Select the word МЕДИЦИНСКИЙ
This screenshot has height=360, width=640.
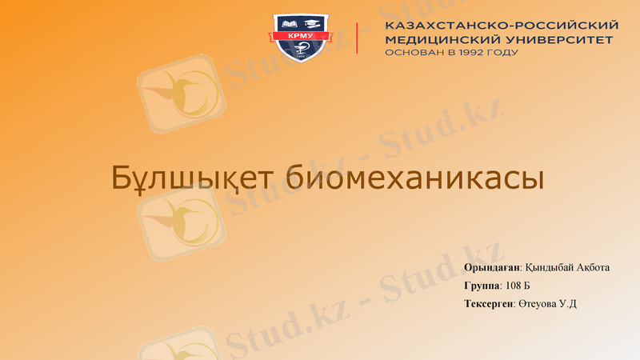(x=437, y=39)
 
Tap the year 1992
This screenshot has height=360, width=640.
(x=473, y=53)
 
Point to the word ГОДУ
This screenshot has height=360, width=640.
(x=503, y=53)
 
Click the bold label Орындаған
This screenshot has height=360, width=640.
(x=491, y=267)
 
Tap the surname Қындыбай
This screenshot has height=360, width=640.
(x=549, y=267)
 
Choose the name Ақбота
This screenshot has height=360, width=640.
(x=593, y=267)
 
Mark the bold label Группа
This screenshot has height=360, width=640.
(x=481, y=286)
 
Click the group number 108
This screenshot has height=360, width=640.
(x=514, y=286)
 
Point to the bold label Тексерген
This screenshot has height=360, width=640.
(x=487, y=304)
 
